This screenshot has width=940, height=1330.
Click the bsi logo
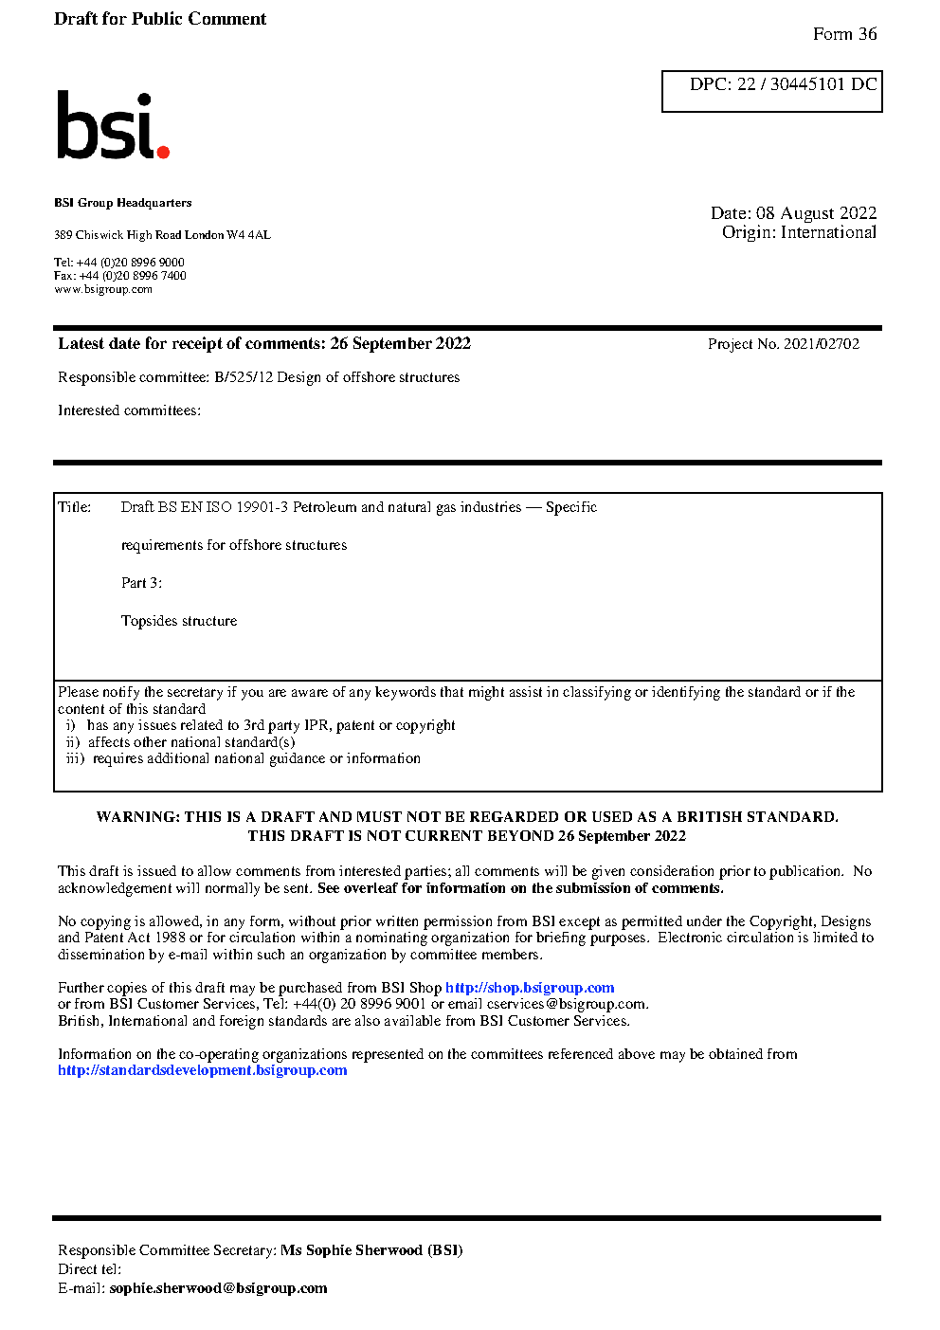[x=112, y=125]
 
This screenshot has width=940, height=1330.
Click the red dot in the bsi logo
[x=163, y=151]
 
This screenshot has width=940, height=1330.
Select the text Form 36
[x=844, y=34]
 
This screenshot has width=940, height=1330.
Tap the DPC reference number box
[x=771, y=91]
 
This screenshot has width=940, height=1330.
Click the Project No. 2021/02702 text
[x=783, y=344]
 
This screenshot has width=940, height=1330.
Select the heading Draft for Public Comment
[x=160, y=19]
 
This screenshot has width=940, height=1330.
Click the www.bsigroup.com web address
[x=103, y=290]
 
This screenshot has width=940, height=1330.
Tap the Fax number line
[x=120, y=276]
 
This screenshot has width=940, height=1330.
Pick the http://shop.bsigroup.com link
[x=530, y=988]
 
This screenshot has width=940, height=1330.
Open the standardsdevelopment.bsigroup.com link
[x=202, y=1070]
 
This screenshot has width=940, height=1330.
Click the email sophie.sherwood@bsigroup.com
[x=218, y=1288]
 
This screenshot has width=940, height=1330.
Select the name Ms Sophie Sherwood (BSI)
[x=371, y=1250]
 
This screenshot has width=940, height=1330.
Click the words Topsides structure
[x=179, y=621]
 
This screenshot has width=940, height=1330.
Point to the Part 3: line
[x=141, y=583]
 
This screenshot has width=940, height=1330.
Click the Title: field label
[x=75, y=507]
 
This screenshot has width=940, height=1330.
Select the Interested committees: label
[x=129, y=410]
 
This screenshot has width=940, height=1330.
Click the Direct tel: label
[x=89, y=1269]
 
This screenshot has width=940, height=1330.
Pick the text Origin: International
[x=799, y=232]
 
